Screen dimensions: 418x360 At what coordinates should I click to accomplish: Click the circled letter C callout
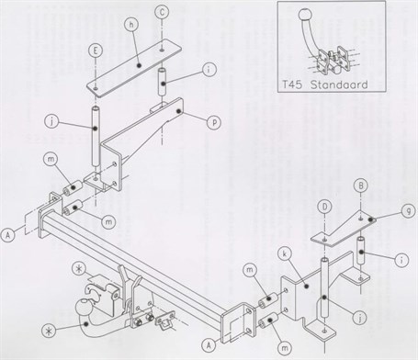point(162,13)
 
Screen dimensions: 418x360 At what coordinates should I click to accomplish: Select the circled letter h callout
point(131,25)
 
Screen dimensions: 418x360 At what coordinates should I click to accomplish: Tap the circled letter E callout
point(96,51)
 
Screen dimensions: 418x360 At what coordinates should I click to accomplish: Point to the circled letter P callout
point(214,123)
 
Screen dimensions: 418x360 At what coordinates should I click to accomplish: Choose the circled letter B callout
point(361,186)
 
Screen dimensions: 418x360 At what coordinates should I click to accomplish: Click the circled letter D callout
point(325,207)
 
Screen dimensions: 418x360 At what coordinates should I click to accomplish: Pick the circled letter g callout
point(408,210)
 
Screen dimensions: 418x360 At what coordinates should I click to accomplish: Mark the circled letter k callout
point(285,255)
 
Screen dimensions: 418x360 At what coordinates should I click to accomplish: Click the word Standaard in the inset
point(339,84)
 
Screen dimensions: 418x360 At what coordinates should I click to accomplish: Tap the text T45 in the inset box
point(291,84)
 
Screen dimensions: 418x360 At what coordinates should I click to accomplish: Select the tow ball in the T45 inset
point(305,14)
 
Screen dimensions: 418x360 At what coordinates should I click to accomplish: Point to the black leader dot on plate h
point(140,65)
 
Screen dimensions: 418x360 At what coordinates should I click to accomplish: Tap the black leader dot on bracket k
point(306,286)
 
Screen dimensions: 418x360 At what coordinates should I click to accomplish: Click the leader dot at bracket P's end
point(178,112)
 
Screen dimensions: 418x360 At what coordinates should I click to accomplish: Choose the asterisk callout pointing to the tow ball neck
point(49,331)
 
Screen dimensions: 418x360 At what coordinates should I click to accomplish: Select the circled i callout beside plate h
point(209,70)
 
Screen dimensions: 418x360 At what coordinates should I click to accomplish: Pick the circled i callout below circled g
point(401,260)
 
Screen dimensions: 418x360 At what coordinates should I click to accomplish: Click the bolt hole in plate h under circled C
point(162,49)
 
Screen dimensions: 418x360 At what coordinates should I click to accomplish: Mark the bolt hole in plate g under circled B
point(361,218)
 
